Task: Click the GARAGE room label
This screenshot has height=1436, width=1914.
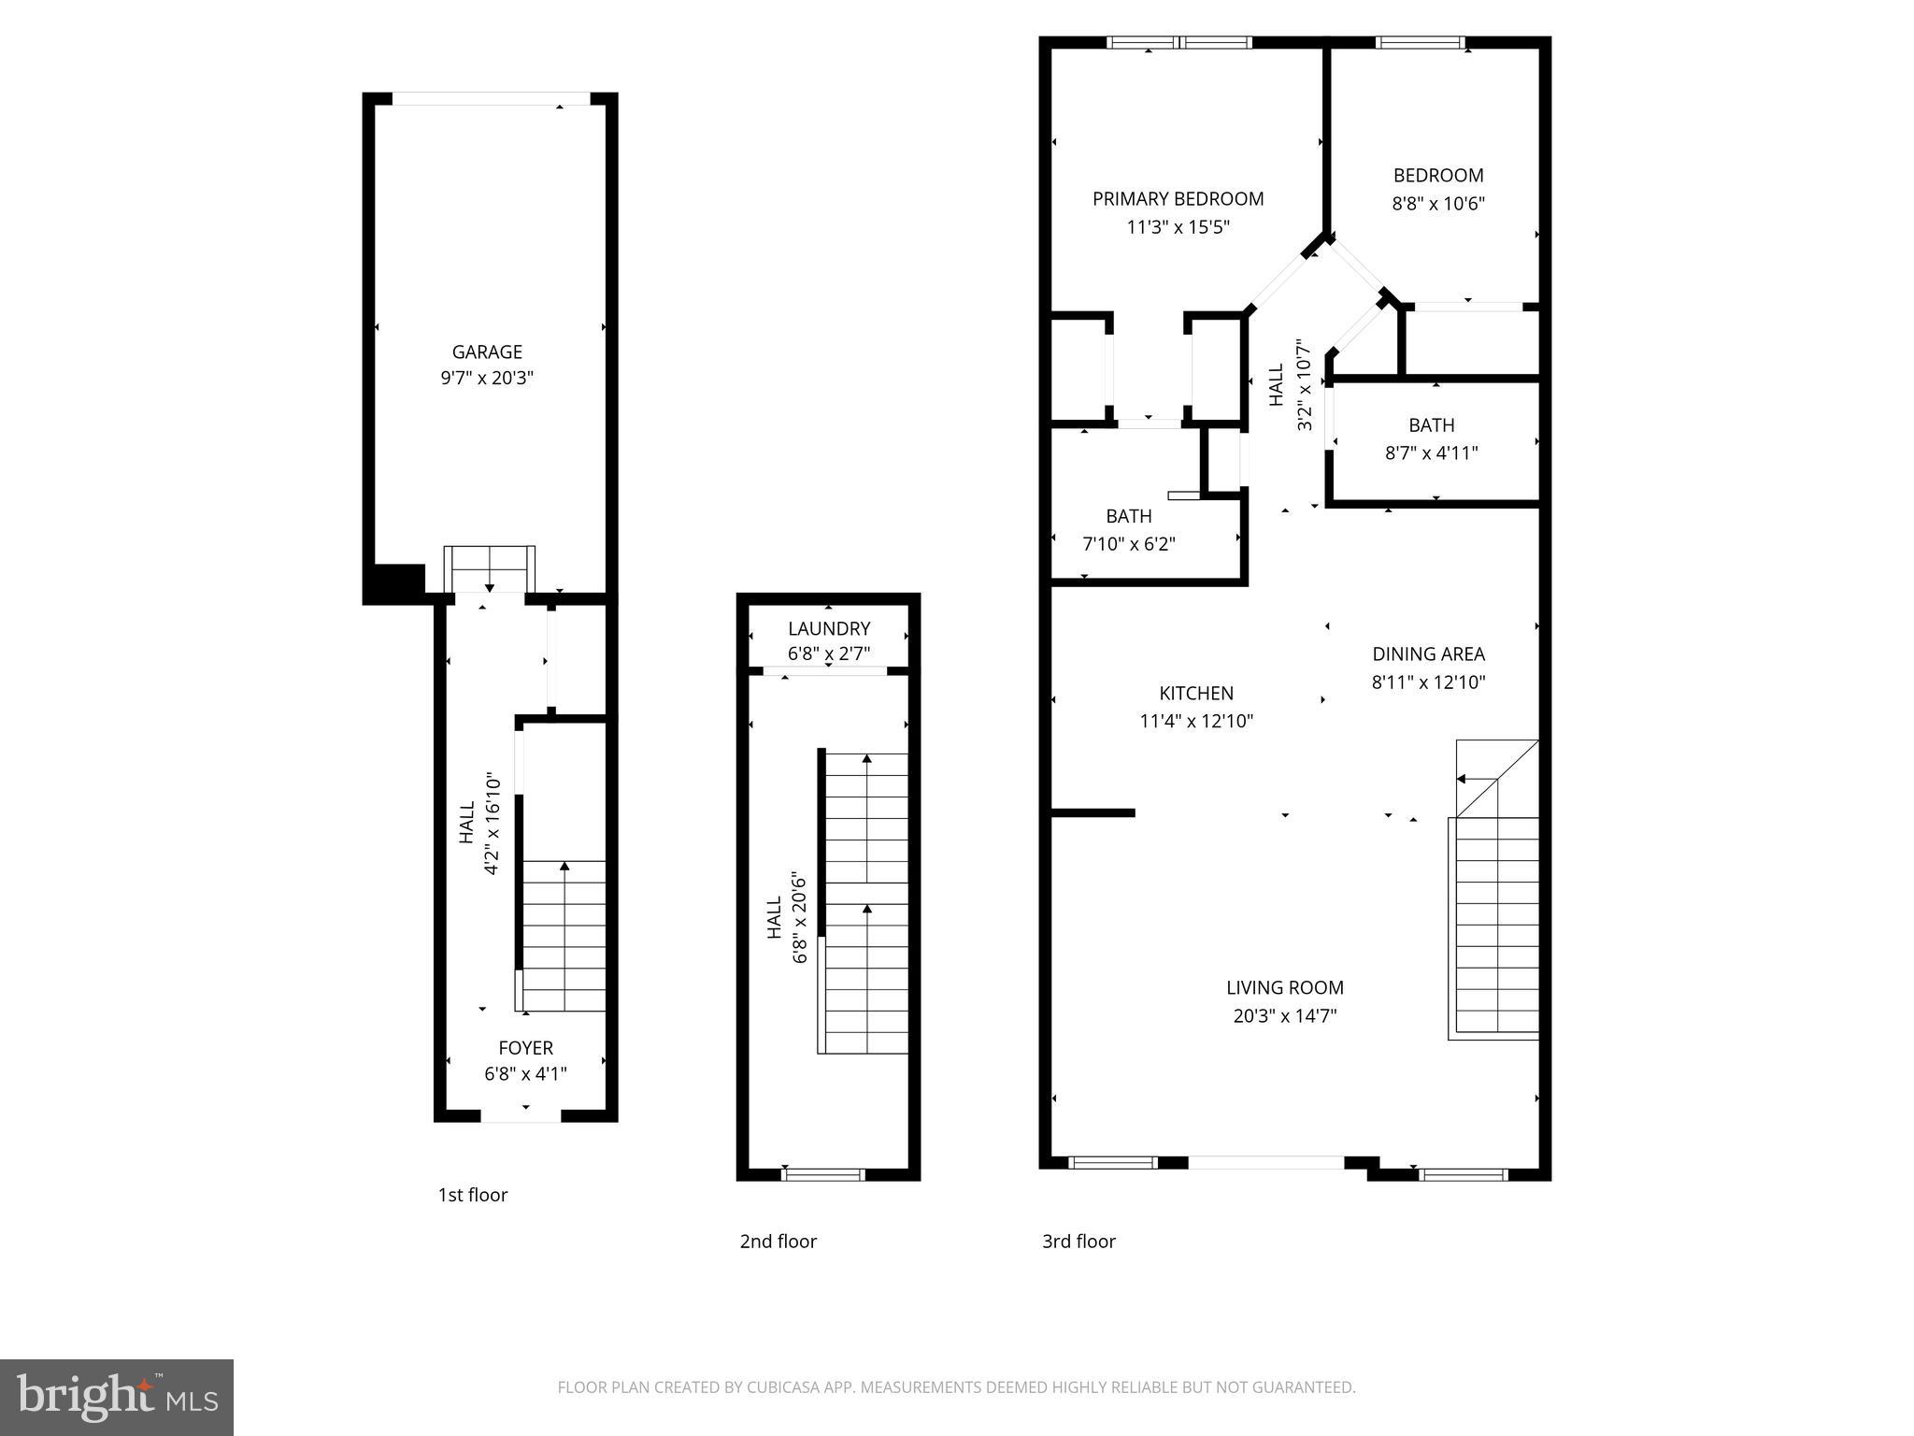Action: pyautogui.click(x=487, y=352)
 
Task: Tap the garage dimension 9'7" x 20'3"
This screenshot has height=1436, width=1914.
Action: pyautogui.click(x=487, y=379)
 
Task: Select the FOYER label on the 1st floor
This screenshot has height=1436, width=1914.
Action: pyautogui.click(x=525, y=1048)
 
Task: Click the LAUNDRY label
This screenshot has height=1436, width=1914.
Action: pyautogui.click(x=828, y=628)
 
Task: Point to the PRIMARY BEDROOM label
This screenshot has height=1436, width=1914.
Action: pyautogui.click(x=1178, y=198)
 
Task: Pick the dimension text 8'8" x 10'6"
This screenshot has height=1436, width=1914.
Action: pyautogui.click(x=1437, y=203)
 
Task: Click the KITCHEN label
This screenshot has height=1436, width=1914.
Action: pyautogui.click(x=1196, y=693)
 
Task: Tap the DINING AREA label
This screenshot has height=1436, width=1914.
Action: pyautogui.click(x=1428, y=654)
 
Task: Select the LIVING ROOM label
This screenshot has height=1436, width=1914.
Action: pyautogui.click(x=1284, y=987)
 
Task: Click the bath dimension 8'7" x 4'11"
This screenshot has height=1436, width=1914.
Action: pyautogui.click(x=1431, y=453)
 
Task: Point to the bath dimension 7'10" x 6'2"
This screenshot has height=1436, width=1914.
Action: pyautogui.click(x=1128, y=544)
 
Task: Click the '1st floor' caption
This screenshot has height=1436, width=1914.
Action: pyautogui.click(x=473, y=1195)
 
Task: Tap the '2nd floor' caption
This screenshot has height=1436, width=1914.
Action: pyautogui.click(x=778, y=1242)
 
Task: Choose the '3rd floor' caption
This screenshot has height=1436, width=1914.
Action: pyautogui.click(x=1078, y=1242)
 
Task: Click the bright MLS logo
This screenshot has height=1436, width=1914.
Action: pyautogui.click(x=117, y=1397)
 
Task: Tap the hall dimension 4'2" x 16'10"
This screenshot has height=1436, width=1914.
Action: pyautogui.click(x=492, y=824)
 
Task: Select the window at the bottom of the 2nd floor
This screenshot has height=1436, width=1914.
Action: pyautogui.click(x=822, y=1174)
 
